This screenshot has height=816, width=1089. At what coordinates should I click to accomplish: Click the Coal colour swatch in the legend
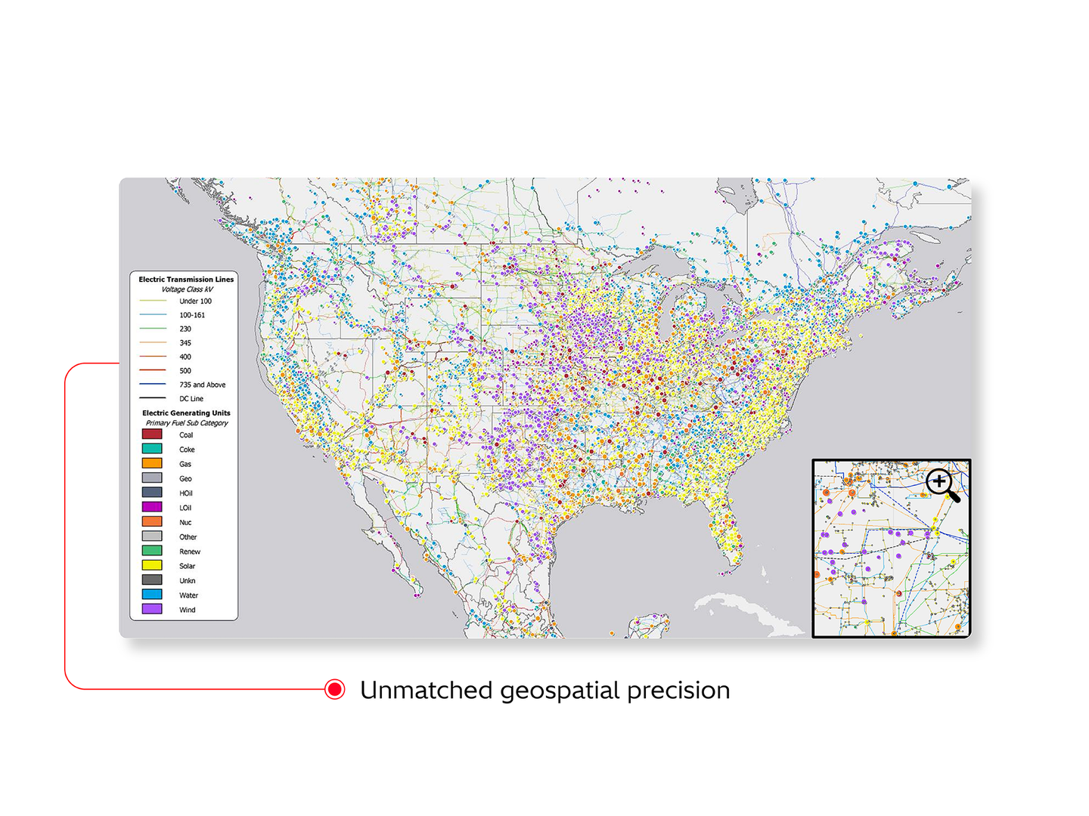click(x=152, y=434)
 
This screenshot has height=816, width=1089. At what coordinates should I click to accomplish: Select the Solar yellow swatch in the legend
click(x=152, y=565)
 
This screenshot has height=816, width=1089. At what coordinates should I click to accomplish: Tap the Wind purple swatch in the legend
click(x=152, y=609)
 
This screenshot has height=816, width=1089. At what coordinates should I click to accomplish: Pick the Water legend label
click(x=188, y=595)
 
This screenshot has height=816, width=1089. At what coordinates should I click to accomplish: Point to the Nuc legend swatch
click(x=152, y=521)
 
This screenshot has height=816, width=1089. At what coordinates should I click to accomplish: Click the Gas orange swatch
click(x=152, y=463)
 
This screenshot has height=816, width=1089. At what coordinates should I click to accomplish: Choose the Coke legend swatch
click(x=152, y=449)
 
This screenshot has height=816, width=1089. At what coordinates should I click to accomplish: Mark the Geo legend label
click(x=185, y=478)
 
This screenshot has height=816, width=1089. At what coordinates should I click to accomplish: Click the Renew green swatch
click(x=152, y=551)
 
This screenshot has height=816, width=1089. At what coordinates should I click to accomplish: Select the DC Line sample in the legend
click(x=152, y=398)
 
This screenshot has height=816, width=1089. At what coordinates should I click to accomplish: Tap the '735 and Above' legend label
click(x=202, y=385)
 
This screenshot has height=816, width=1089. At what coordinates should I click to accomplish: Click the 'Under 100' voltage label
click(x=195, y=301)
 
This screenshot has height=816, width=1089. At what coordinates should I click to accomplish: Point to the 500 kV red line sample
click(x=152, y=370)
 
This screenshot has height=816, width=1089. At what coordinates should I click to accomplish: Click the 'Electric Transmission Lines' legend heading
click(x=186, y=280)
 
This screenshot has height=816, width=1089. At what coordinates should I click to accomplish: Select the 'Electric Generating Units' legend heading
click(x=186, y=413)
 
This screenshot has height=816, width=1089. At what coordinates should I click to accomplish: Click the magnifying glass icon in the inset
click(x=941, y=483)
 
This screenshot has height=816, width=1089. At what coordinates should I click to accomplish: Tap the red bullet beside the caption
click(x=334, y=689)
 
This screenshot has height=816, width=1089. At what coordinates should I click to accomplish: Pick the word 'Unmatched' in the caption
click(x=426, y=690)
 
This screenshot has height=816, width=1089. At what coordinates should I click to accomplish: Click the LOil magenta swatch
click(x=152, y=507)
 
